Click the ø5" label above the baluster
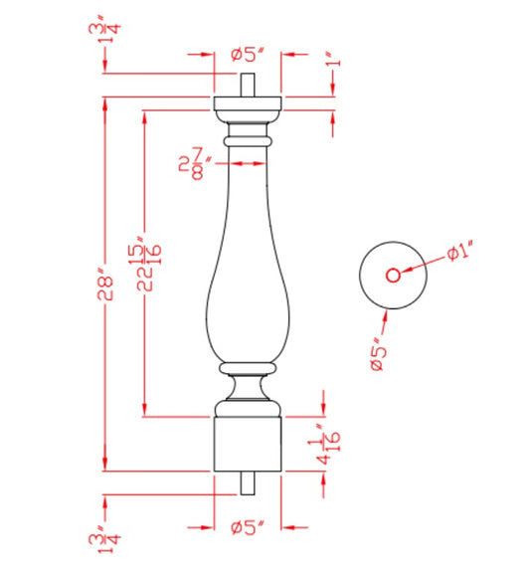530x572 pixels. [x=248, y=56]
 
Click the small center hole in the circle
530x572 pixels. [x=392, y=275]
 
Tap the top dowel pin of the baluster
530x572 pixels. [x=248, y=85]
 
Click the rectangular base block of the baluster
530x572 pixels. [x=248, y=444]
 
